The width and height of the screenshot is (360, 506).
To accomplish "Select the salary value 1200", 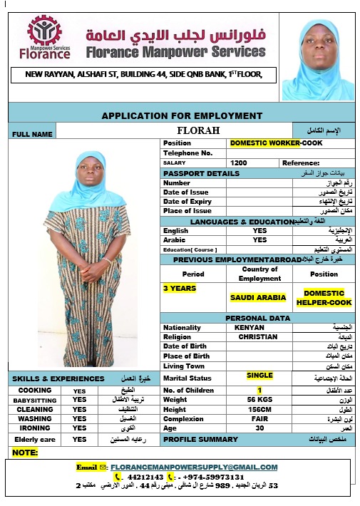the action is [239, 163].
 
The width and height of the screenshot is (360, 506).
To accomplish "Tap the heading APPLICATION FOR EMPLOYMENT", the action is [182, 115].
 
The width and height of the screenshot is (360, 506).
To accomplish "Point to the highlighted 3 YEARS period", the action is [180, 289].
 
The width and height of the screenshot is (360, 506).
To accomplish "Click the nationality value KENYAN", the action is [249, 327].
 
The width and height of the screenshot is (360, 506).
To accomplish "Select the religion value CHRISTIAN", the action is [258, 337].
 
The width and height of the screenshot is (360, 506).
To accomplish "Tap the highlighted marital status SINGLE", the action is [259, 375].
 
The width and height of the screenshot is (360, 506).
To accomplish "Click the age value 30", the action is [259, 429].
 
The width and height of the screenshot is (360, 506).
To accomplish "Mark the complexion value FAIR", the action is [259, 419].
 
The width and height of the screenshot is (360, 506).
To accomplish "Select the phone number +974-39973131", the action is [214, 477].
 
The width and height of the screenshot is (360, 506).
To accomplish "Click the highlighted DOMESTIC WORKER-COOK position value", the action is [276, 143].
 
